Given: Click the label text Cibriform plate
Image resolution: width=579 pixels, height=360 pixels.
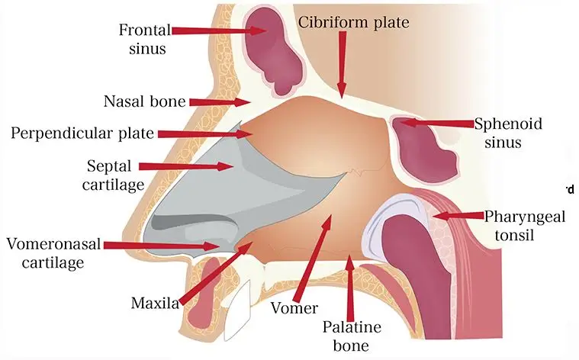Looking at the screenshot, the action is [x=353, y=23].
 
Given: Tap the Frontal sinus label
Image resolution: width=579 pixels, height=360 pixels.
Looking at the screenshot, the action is [x=145, y=39].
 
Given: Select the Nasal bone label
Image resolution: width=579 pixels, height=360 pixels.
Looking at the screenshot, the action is [x=144, y=101].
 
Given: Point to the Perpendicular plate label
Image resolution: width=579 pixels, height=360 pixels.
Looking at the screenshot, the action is [x=82, y=133].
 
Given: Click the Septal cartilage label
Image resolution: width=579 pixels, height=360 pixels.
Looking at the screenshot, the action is [x=113, y=175].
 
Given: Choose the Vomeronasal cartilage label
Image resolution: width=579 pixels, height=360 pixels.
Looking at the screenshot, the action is [x=53, y=253].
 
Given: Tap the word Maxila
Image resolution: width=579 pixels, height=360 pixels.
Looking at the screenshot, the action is [x=155, y=303].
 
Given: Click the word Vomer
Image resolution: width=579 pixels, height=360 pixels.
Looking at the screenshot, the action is [x=294, y=308].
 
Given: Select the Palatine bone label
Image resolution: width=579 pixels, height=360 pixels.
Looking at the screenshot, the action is [x=352, y=336].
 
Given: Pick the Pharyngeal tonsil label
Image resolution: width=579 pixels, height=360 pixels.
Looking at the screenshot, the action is [x=524, y=226].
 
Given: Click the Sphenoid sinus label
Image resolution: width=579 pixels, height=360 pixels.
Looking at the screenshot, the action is [x=508, y=133].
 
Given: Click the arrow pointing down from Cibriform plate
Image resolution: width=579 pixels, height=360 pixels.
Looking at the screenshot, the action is [x=343, y=65].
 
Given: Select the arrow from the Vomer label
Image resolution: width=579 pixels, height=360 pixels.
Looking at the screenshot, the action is [x=312, y=258].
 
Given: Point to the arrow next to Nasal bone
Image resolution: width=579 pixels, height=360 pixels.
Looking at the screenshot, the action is [x=220, y=101].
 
